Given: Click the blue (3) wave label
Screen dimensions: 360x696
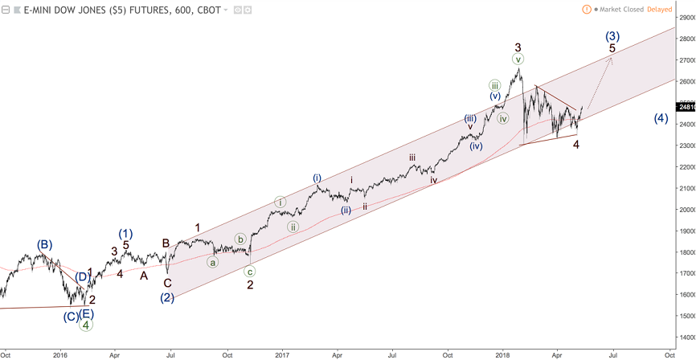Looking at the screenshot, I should pyautogui.click(x=612, y=36).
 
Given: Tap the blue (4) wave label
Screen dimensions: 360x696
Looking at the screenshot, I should pyautogui.click(x=661, y=118).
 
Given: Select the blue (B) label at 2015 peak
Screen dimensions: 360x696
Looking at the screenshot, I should pyautogui.click(x=44, y=244).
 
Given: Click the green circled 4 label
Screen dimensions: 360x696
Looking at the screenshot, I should pyautogui.click(x=85, y=325).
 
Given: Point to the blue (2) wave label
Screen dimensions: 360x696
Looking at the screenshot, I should pyautogui.click(x=167, y=297).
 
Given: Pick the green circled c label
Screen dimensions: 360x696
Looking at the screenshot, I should pyautogui.click(x=250, y=272).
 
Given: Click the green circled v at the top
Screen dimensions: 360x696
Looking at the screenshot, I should pyautogui.click(x=518, y=59).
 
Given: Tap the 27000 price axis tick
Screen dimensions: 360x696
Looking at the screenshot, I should pyautogui.click(x=685, y=60).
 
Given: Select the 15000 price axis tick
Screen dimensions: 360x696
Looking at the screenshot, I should pyautogui.click(x=685, y=316).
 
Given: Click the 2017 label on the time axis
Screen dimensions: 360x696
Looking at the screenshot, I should pyautogui.click(x=281, y=354).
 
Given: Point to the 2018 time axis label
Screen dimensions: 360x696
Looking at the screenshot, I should pyautogui.click(x=503, y=354).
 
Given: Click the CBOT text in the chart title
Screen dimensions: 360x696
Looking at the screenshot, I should pyautogui.click(x=208, y=10).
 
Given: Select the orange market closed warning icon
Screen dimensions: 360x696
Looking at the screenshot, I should pyautogui.click(x=588, y=10).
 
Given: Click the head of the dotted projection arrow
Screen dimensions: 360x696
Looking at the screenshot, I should pyautogui.click(x=611, y=59).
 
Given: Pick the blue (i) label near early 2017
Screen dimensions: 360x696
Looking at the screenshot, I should pyautogui.click(x=317, y=178).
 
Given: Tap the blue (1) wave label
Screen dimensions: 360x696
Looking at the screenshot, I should pyautogui.click(x=125, y=234).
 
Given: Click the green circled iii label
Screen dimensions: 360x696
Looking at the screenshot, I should pyautogui.click(x=495, y=85).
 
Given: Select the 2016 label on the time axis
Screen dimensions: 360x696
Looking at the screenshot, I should pyautogui.click(x=60, y=354).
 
